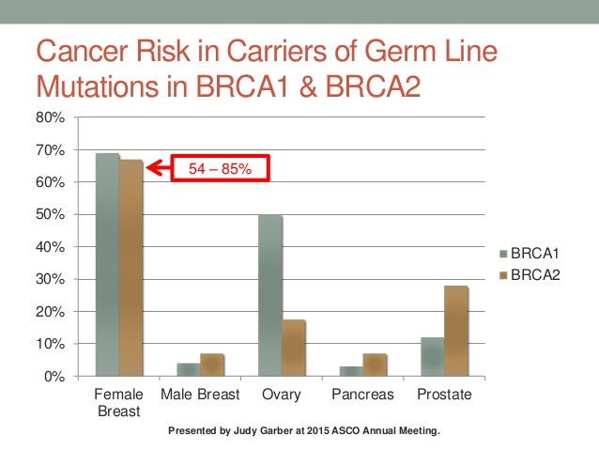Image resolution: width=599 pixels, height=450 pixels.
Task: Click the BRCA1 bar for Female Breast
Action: click(107, 264)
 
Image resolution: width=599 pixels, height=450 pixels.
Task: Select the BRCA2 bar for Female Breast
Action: click(131, 268)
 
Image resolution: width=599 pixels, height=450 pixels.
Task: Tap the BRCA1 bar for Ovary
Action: click(270, 295)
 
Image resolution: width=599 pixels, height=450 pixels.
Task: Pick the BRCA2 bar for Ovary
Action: click(293, 348)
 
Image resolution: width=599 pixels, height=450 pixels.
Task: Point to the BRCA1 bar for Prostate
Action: click(433, 356)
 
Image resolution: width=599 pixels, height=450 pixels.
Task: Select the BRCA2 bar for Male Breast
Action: click(212, 365)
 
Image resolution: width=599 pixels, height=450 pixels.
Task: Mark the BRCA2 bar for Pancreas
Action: click(375, 365)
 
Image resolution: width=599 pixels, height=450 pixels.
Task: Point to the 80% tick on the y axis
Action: click(51, 117)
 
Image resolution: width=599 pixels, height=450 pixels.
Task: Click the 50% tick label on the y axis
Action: click(51, 214)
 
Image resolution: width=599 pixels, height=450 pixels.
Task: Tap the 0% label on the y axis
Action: click(54, 377)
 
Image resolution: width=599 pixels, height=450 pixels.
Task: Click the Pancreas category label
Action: click(363, 395)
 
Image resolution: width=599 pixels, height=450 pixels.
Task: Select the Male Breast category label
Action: click(200, 395)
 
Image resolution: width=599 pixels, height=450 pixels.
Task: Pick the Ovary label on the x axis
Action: click(282, 395)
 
